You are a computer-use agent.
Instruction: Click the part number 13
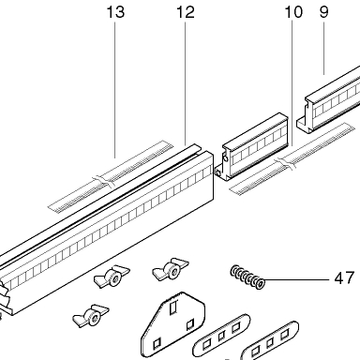point(115,12)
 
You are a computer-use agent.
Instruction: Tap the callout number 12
point(186,12)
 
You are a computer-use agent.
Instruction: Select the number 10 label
point(293,12)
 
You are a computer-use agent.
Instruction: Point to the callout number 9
point(324,12)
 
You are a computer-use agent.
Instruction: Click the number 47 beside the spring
point(344,277)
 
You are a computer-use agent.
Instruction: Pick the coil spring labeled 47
point(247,277)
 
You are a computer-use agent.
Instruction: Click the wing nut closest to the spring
point(171,269)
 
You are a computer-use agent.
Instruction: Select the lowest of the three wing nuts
point(91,316)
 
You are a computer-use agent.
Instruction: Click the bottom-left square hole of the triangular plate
point(157,343)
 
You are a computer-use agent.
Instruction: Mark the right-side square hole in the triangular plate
point(190,325)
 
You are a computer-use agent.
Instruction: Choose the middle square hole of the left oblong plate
point(221,337)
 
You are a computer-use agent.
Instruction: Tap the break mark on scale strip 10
point(285,163)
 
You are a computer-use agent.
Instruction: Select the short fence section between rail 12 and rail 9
point(251,147)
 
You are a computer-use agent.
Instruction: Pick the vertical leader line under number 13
point(114,90)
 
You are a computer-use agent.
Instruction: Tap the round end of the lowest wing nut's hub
point(95,319)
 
